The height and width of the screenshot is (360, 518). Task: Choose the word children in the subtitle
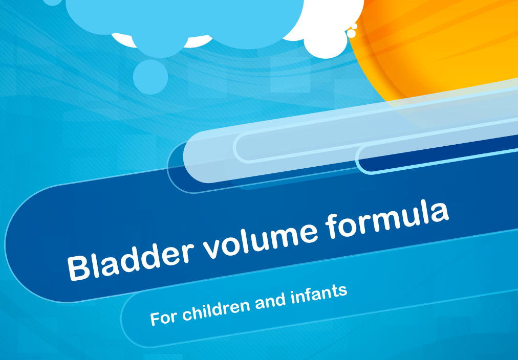coord(217,307)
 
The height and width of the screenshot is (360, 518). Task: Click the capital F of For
coord(155,318)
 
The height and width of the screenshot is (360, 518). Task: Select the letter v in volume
coord(214,247)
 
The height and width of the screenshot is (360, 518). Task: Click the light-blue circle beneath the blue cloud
coord(150,77)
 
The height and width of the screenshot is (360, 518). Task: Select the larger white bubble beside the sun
coord(351,33)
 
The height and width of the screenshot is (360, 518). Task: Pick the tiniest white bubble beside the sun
coord(354,26)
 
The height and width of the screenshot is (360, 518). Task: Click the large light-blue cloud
coord(185,23)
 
